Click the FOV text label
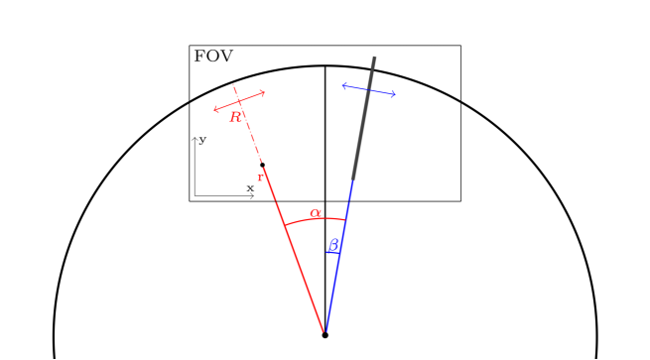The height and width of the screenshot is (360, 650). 214,57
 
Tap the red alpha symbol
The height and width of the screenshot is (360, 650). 316,212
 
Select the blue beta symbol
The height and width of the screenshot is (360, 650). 333,243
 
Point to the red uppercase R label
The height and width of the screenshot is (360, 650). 235,117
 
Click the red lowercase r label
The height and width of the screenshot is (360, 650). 260,177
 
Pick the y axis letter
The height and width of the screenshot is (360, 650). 202,140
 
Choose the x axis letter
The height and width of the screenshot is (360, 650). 250,187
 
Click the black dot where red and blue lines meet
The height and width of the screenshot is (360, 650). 325,335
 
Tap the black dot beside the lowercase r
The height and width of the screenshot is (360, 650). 262,165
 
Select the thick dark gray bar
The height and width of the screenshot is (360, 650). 364,119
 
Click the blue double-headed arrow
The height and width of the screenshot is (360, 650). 369,90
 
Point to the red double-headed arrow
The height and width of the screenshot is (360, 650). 240,100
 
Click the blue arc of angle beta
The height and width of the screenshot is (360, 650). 333,252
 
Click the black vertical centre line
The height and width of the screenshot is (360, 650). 325,149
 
